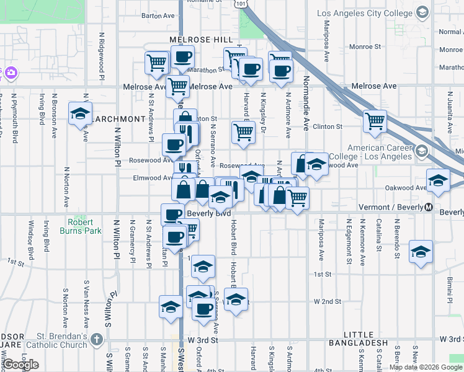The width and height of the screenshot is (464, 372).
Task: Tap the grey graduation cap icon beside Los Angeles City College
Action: (x=422, y=12)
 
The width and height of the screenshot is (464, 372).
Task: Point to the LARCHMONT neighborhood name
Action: (x=118, y=118)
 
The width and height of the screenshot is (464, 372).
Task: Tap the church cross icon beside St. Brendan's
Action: (x=96, y=339)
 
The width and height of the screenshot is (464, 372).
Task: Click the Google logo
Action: (x=20, y=365)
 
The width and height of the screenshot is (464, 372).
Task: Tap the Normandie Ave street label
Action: (x=306, y=103)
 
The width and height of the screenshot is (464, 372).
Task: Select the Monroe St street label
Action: (x=364, y=46)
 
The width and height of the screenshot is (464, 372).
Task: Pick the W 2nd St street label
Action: (x=328, y=301)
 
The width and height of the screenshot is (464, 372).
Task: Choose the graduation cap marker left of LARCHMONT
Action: (x=80, y=113)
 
